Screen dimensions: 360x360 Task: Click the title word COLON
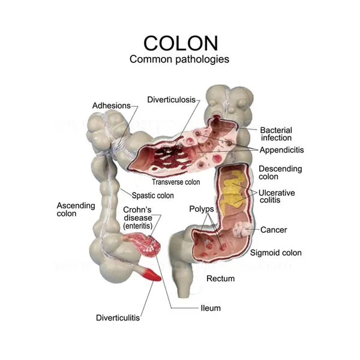[179, 43]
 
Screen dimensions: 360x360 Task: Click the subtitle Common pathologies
[179, 59]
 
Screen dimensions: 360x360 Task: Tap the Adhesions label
[111, 106]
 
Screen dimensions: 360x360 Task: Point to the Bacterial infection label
[276, 134]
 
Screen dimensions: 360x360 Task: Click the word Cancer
[274, 230]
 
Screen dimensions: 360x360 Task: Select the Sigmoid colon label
[276, 253]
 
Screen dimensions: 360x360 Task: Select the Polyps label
[202, 208]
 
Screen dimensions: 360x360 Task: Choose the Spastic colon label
[153, 195]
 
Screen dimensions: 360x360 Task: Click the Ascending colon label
[76, 209]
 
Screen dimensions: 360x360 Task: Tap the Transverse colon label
[176, 182]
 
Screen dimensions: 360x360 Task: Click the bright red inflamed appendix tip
[152, 276]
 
